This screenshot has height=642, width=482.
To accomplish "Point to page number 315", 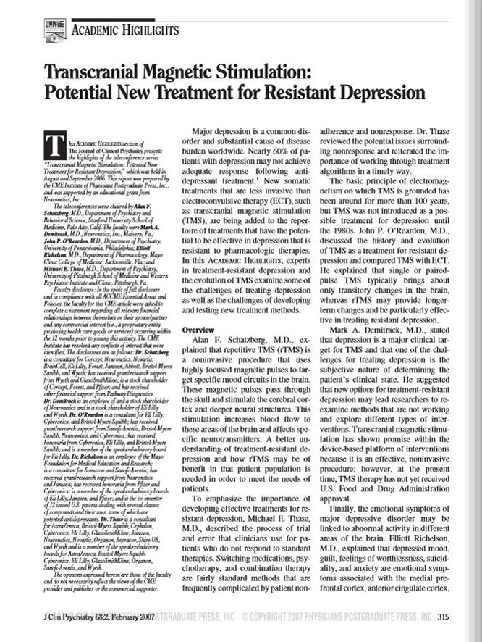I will pos(444,617).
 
